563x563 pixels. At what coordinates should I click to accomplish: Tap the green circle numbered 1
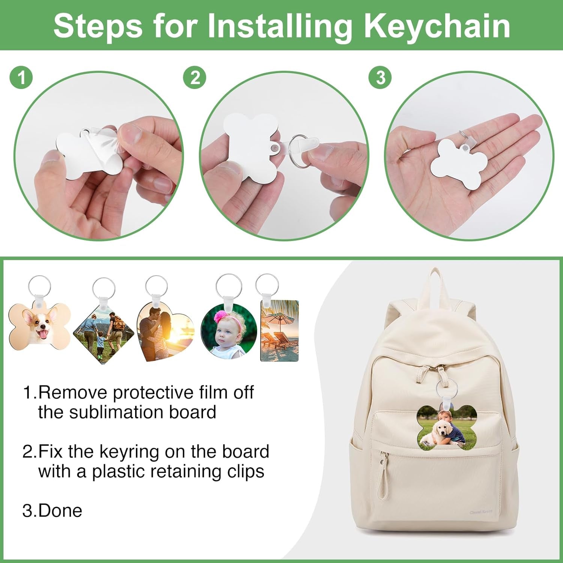coord(21,78)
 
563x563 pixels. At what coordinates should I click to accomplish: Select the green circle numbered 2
coord(195,78)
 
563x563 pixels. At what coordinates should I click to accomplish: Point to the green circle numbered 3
coord(380,78)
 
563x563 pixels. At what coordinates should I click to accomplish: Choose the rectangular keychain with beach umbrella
coord(280,330)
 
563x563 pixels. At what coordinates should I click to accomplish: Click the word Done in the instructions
coord(60,510)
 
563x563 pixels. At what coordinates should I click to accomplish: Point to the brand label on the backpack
coord(481,512)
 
